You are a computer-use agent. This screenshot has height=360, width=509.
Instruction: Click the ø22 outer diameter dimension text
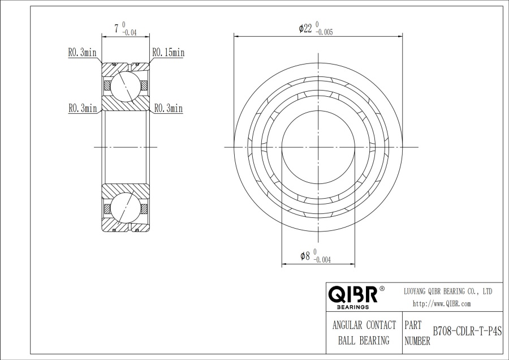[306, 29]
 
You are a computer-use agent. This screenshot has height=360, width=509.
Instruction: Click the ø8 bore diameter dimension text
[305, 256]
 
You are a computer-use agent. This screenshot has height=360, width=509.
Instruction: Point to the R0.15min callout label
[168, 53]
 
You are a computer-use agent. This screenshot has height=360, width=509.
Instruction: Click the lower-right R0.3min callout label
[168, 108]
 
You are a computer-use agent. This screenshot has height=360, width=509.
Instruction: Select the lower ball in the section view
[124, 208]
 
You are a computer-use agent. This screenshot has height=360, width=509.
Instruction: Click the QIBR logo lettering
[352, 294]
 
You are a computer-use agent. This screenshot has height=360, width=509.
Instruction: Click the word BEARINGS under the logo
[353, 307]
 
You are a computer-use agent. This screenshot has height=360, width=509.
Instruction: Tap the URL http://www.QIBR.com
[442, 304]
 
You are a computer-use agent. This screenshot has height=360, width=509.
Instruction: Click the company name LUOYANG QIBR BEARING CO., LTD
[447, 291]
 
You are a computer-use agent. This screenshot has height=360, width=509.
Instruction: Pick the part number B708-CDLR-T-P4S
[467, 332]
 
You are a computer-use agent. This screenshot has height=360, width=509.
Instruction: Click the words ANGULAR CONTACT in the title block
[364, 325]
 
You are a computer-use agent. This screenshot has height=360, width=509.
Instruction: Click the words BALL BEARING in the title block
[364, 340]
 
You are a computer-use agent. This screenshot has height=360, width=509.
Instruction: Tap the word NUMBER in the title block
[418, 341]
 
